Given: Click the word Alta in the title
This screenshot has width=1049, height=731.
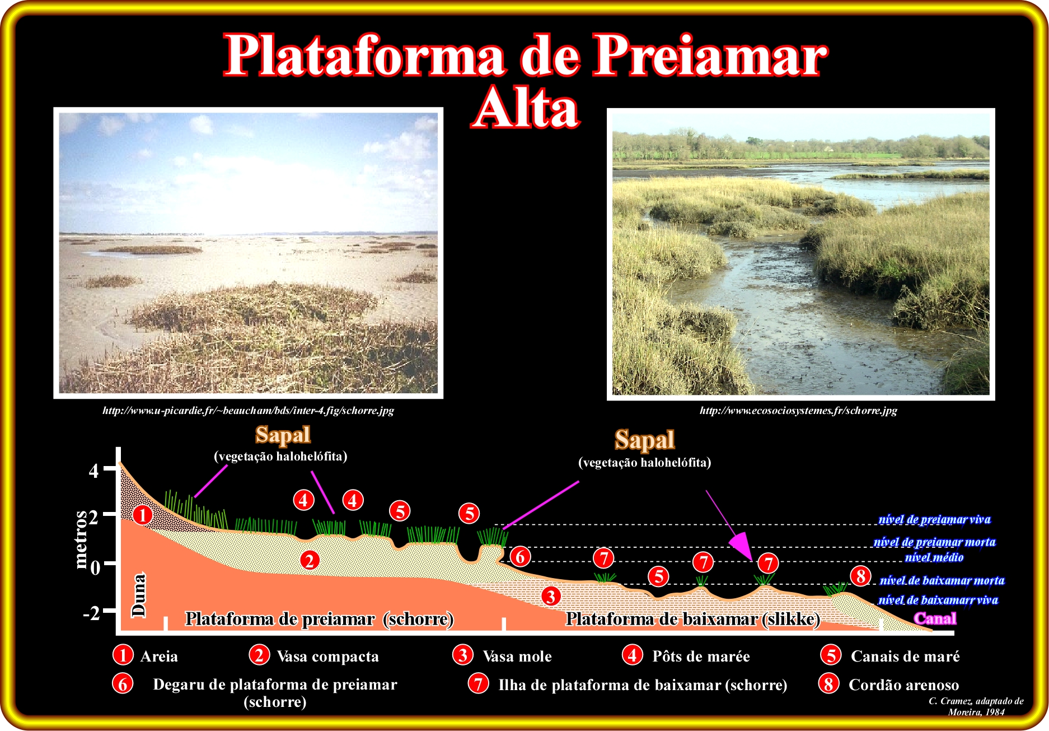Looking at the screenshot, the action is pyautogui.click(x=526, y=108).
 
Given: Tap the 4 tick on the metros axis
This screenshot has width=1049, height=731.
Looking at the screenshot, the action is pyautogui.click(x=109, y=469).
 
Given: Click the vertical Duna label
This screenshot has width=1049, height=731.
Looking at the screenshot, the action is pyautogui.click(x=138, y=595).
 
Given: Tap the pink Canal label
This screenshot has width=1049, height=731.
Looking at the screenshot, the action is pyautogui.click(x=935, y=618).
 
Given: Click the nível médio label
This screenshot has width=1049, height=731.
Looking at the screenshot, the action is pyautogui.click(x=934, y=557).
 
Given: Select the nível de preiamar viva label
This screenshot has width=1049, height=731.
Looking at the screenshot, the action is pyautogui.click(x=934, y=519).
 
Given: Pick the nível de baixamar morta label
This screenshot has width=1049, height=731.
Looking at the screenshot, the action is pyautogui.click(x=942, y=580).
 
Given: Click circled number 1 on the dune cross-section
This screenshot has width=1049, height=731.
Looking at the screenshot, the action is pyautogui.click(x=143, y=514).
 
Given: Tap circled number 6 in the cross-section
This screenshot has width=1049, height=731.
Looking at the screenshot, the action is pyautogui.click(x=520, y=556).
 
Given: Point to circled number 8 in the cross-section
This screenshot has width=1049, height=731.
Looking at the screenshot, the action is pyautogui.click(x=861, y=576).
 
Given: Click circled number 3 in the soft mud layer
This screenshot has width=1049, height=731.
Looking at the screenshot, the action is pyautogui.click(x=551, y=596).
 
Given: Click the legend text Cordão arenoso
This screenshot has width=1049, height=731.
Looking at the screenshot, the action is pyautogui.click(x=903, y=685).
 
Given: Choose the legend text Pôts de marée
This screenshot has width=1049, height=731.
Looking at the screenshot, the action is pyautogui.click(x=701, y=656).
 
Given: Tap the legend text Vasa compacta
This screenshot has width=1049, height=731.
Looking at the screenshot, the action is pyautogui.click(x=328, y=656).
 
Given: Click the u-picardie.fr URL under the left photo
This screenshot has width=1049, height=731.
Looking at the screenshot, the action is pyautogui.click(x=248, y=411).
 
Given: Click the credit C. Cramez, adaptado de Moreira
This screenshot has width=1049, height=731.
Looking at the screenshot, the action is pyautogui.click(x=976, y=706).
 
